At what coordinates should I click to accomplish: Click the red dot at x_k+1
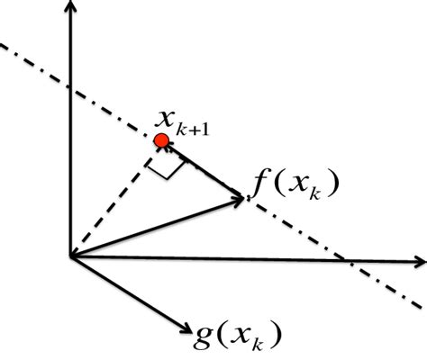161,140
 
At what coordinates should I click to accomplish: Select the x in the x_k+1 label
166,117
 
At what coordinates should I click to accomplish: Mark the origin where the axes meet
70,257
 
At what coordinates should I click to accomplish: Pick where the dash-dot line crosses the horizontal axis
346,262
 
